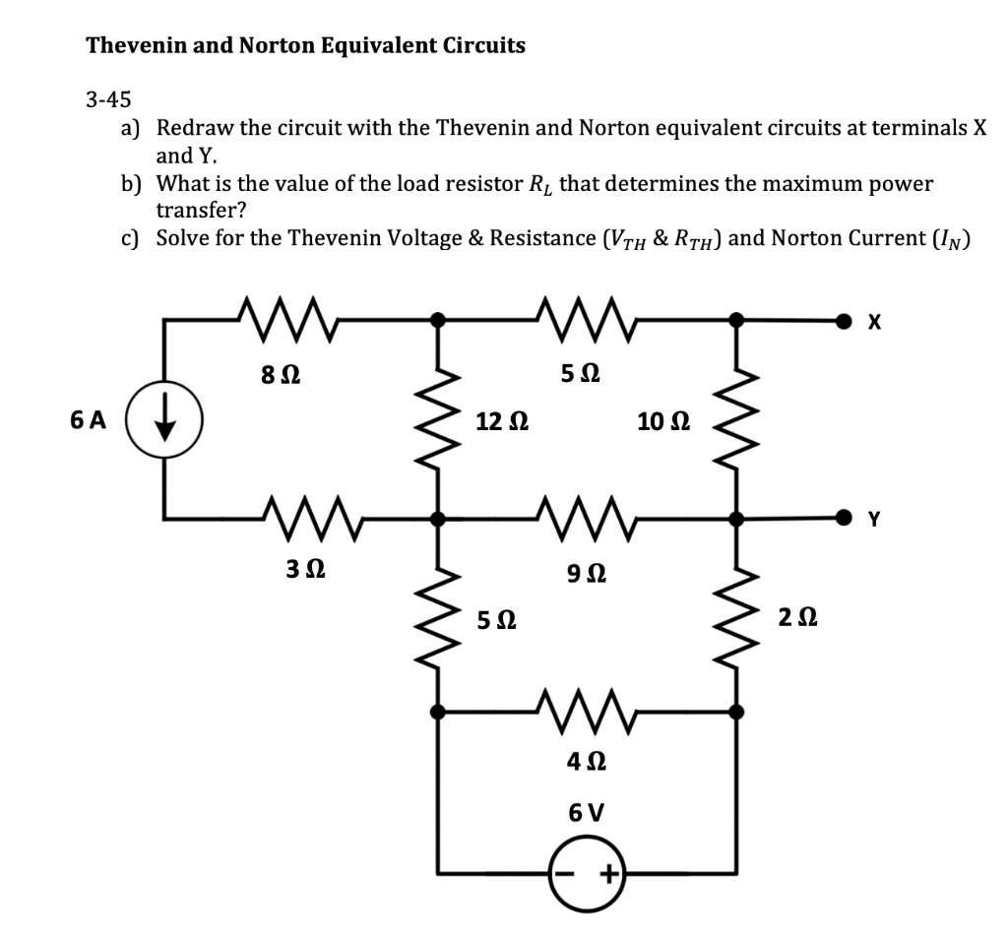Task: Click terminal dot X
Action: [x=844, y=320]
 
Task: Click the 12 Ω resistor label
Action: [x=501, y=422]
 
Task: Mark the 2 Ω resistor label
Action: [x=794, y=618]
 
